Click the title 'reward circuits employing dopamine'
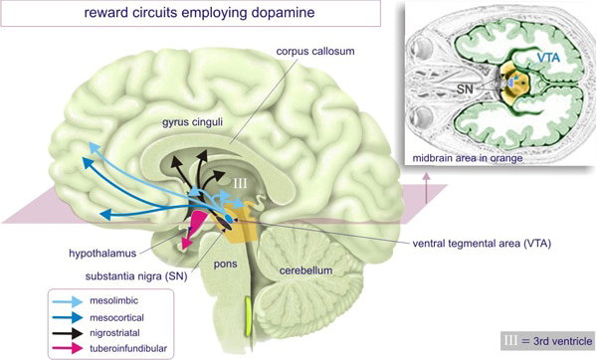pos(199,12)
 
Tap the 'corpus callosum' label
pos(315,51)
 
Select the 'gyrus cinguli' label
pos(192,123)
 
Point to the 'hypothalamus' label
pos(102,254)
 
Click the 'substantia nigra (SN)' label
pos(136,276)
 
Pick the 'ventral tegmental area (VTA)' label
pos(482,243)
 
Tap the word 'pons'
pos(226,265)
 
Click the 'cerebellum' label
pos(305,270)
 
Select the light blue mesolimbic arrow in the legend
pos(68,301)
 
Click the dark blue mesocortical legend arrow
pos(68,317)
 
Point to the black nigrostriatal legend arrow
pos(68,333)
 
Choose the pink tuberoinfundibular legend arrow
pos(68,348)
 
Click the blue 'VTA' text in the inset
pos(548,58)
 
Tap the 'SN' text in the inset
pos(465,90)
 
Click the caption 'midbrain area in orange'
pos(468,158)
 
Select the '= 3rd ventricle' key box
pos(547,341)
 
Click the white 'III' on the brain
pos(240,184)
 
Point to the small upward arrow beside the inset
pos(426,187)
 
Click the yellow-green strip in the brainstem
pos(248,317)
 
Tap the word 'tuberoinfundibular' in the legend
pos(128,348)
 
